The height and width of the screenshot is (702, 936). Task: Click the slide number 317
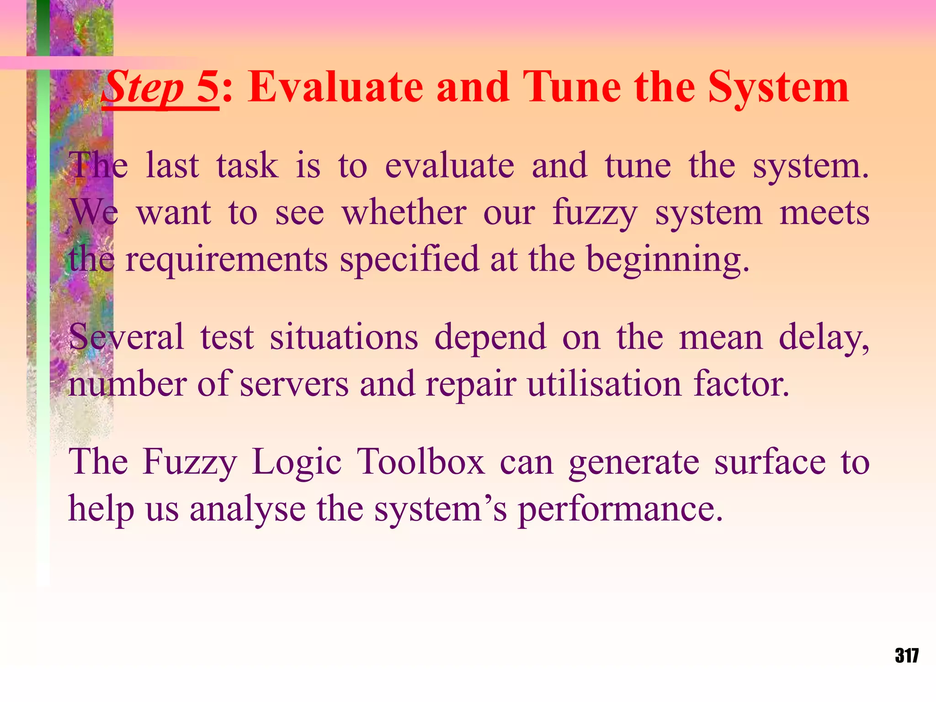[x=907, y=655]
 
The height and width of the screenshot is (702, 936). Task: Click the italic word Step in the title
[x=143, y=88]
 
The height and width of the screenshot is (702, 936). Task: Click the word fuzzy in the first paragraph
[x=595, y=213]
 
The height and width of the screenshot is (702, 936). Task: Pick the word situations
[x=344, y=337]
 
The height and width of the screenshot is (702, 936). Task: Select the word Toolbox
[x=420, y=462]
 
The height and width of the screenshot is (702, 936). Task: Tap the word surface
[x=770, y=462]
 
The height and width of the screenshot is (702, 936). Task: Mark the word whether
[x=404, y=213]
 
